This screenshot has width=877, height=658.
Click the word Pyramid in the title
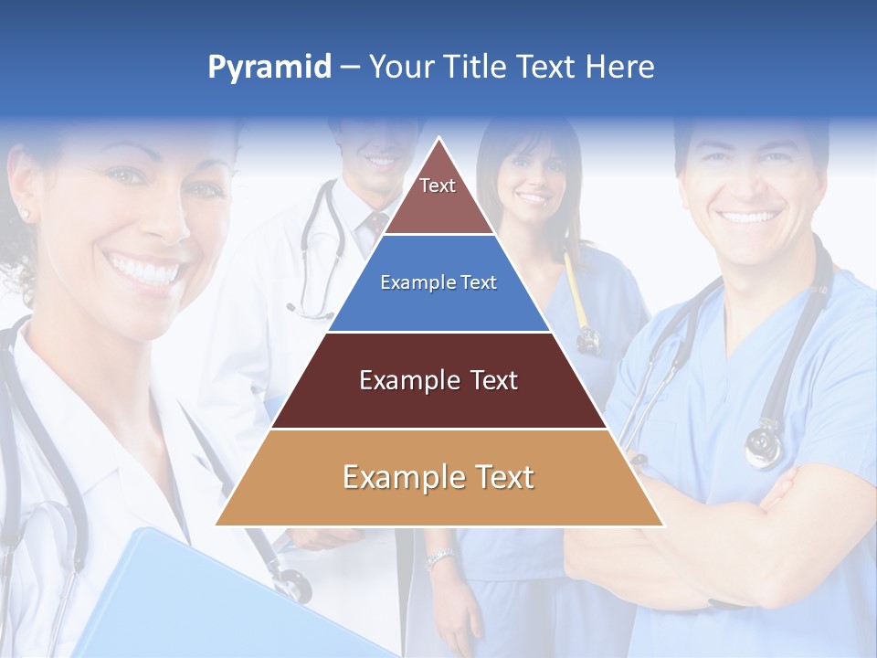[269, 68]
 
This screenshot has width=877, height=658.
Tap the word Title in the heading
[477, 68]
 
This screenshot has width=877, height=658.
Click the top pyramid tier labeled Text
[438, 196]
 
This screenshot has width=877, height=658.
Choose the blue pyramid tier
[438, 283]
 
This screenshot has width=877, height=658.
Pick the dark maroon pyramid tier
[438, 380]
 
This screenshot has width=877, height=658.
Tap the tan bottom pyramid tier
[438, 478]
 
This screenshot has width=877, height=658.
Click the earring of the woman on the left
[24, 215]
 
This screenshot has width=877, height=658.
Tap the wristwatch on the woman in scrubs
[439, 557]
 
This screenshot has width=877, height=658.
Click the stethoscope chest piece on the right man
[764, 446]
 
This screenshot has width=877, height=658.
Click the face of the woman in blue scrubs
[528, 174]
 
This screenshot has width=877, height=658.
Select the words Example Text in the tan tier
[438, 478]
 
